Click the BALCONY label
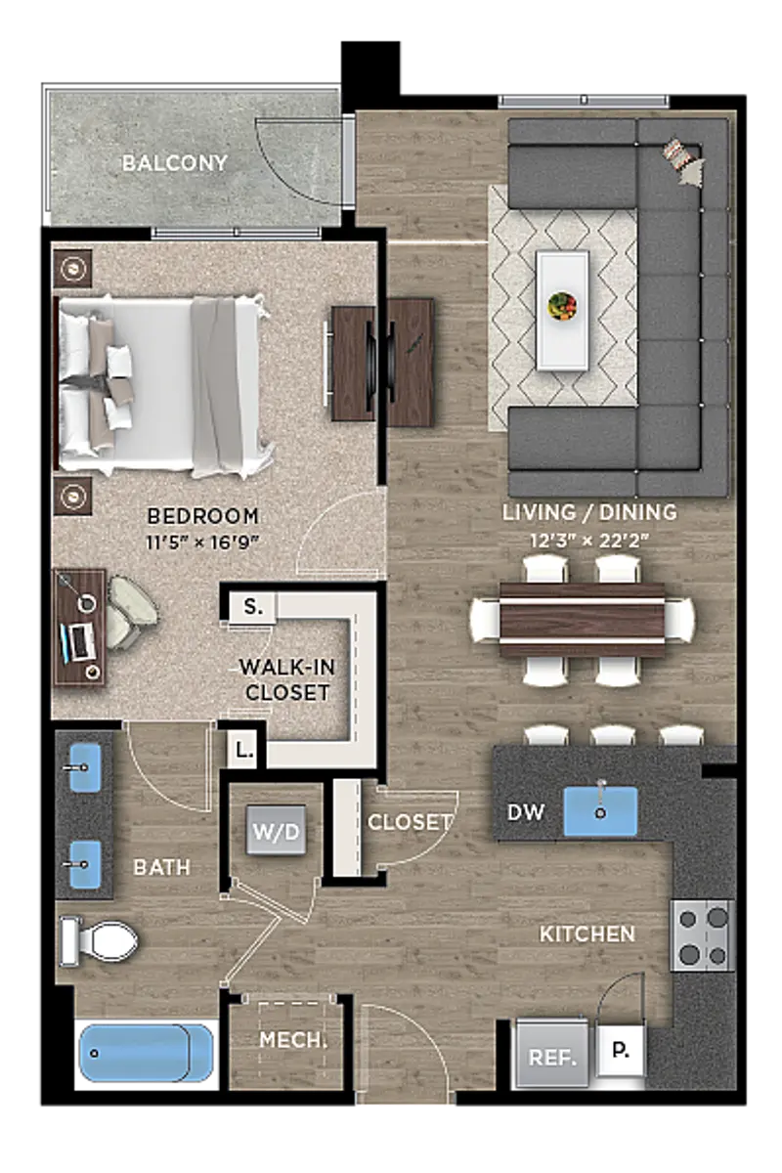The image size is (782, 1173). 174,163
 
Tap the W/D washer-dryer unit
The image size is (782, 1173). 276,830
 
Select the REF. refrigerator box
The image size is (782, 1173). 552,1058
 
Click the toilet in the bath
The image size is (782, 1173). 99,941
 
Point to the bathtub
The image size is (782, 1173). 146,1053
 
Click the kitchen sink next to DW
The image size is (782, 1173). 600,811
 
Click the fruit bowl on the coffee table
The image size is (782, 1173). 562,305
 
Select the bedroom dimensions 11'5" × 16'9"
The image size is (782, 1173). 202,543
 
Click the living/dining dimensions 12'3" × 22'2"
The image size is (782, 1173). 589,540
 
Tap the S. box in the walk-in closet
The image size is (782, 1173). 253,607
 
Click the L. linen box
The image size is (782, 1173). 243,750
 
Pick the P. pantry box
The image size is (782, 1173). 621,1050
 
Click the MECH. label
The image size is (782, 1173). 293,1040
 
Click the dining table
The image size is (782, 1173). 582,621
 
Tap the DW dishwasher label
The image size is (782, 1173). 525,812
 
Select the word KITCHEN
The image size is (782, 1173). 586,934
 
